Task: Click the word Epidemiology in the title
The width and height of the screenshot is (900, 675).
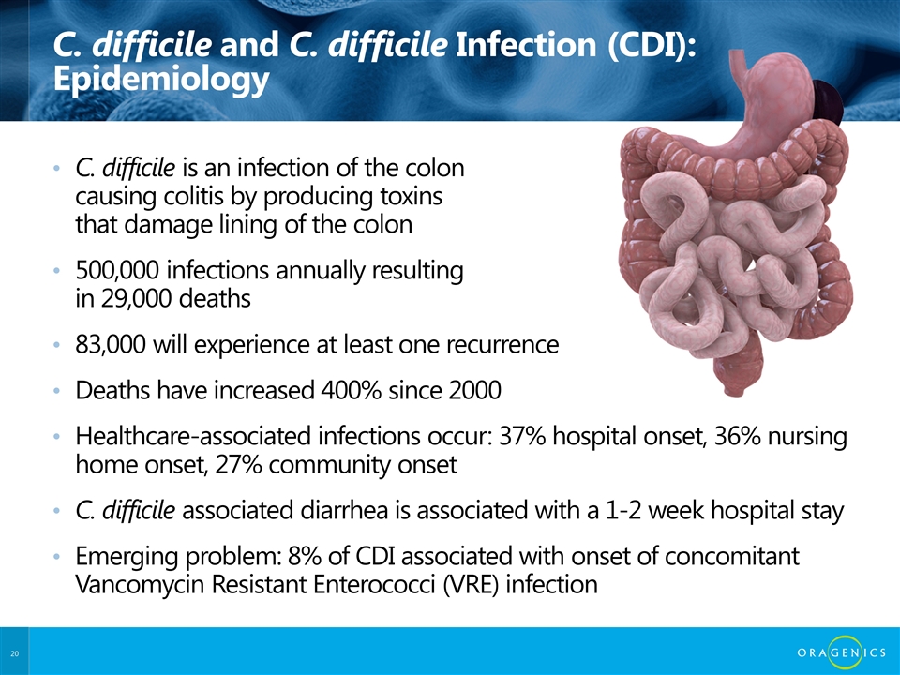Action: [x=161, y=79]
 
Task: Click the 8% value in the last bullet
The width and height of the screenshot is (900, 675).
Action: [x=303, y=556]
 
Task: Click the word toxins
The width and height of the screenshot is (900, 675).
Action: [x=412, y=197]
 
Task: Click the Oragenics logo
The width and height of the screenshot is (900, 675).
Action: [x=842, y=652]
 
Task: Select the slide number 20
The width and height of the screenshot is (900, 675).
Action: [x=14, y=653]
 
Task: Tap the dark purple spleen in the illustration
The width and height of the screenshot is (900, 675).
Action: [x=828, y=102]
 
